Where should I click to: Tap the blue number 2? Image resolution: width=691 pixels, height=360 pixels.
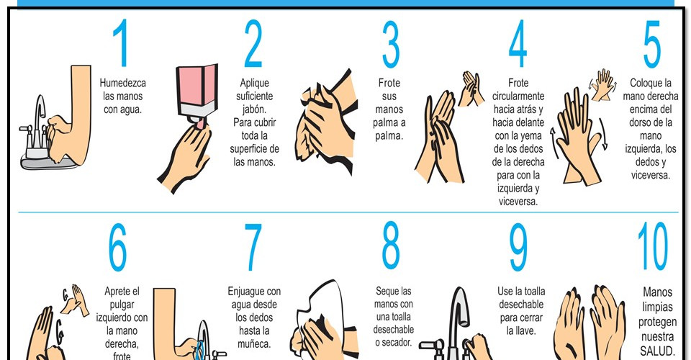point(253,44)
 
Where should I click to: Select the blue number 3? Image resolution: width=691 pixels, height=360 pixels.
point(390,44)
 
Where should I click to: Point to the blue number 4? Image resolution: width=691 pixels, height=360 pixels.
point(518,43)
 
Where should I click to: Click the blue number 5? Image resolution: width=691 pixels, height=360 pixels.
point(652,44)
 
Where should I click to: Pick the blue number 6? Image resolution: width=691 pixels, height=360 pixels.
point(117,247)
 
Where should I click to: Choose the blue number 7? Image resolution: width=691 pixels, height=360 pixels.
point(253,247)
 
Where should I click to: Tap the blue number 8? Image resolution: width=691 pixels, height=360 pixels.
point(391,246)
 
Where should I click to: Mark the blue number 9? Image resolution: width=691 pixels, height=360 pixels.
point(518,247)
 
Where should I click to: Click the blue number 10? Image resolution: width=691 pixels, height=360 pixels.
point(653,246)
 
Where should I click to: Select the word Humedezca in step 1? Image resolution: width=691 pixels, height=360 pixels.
point(122,83)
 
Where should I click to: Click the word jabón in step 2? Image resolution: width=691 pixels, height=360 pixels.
point(254,109)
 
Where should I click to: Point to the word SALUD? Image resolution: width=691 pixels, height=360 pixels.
point(657,351)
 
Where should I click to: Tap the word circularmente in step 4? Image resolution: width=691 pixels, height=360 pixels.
point(518,96)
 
